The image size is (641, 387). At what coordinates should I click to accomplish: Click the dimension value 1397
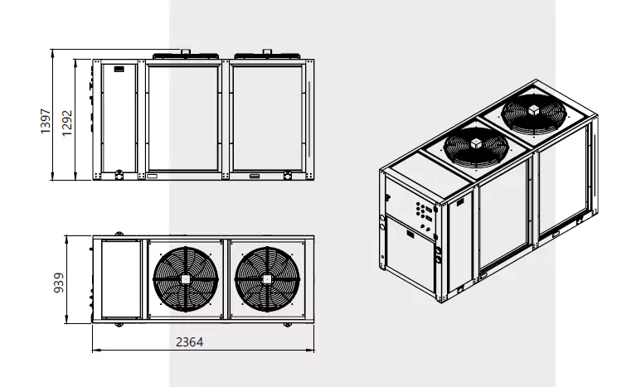(46, 121)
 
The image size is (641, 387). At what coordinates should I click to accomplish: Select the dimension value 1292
(67, 123)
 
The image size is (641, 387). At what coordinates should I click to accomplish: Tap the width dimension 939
(59, 283)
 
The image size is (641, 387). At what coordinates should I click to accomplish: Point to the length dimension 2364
(189, 341)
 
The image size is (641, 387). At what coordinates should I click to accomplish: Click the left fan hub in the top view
(186, 279)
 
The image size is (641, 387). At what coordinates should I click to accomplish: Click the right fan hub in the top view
(267, 279)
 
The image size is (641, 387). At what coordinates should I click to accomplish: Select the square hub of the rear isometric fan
(534, 110)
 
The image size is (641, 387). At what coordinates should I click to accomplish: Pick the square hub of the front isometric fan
(476, 143)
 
